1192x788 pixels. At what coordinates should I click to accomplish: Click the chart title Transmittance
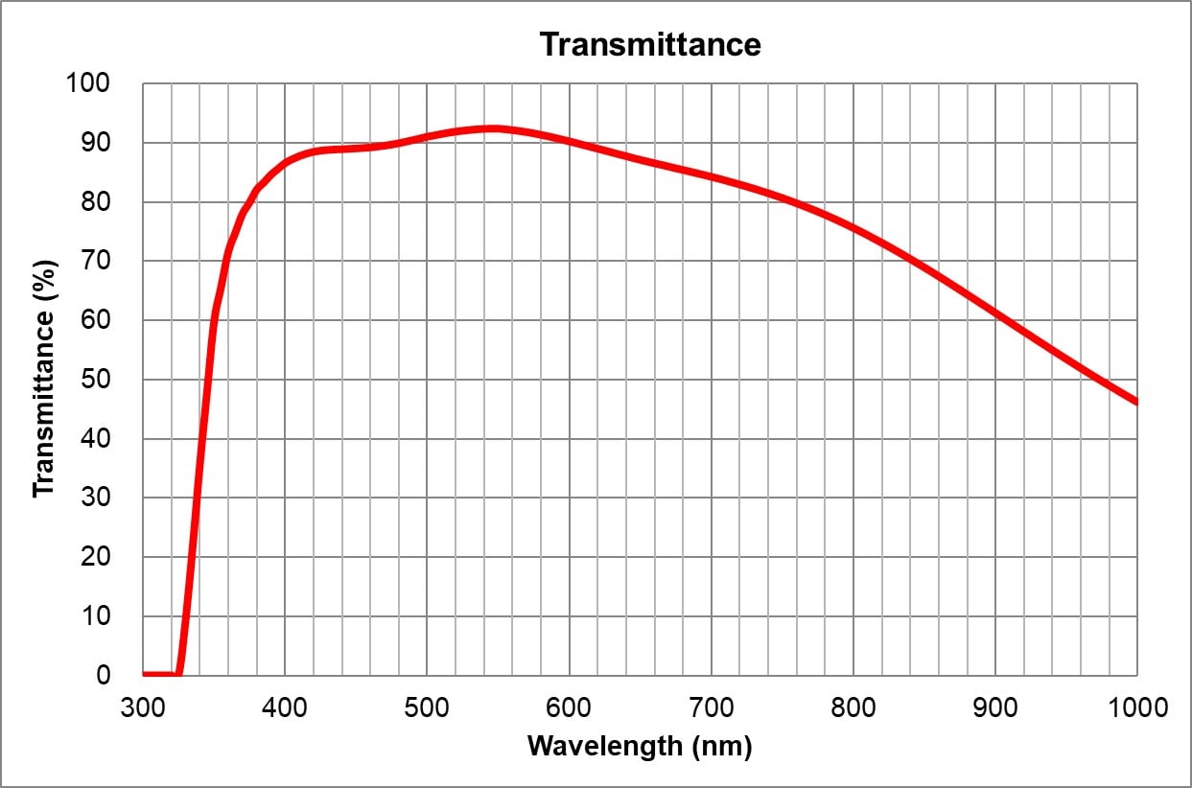(x=649, y=44)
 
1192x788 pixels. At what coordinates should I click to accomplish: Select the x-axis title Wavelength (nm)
(x=640, y=746)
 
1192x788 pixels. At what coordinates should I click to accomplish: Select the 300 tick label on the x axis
(x=143, y=707)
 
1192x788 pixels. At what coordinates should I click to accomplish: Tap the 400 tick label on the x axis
(x=285, y=707)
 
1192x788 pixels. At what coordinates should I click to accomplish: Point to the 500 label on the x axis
(x=427, y=707)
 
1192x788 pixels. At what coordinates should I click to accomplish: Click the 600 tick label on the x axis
(x=569, y=707)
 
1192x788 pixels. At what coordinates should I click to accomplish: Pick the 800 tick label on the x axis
(x=853, y=707)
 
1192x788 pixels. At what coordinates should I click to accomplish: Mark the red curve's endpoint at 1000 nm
(x=1135, y=402)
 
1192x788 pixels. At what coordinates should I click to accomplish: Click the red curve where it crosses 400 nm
(x=285, y=160)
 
